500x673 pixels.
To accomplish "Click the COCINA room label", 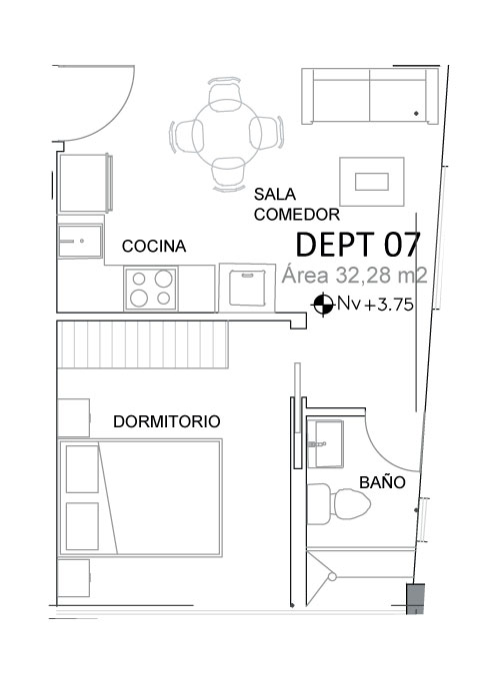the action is click(154, 247).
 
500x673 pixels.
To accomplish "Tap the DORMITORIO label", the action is click(167, 421).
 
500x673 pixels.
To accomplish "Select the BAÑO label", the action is click(382, 482).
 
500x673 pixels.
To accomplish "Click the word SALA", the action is click(275, 195).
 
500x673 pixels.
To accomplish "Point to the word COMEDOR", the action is click(297, 214).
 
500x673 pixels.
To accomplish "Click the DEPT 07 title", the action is click(358, 245).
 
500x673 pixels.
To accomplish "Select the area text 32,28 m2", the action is click(381, 276).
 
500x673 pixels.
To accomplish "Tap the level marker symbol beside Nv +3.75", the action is click(323, 305).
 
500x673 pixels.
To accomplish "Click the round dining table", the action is click(227, 134).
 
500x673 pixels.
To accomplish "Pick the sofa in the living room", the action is click(370, 96).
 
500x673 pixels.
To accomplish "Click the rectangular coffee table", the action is click(372, 182).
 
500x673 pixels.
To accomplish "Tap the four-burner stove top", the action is click(150, 288).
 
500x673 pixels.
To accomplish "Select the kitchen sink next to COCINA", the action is click(80, 242).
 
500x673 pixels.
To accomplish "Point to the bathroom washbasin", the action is click(325, 443).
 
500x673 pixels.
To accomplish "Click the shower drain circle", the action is click(332, 577).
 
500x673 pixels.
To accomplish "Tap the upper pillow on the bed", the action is click(82, 468).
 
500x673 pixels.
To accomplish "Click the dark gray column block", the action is click(415, 598).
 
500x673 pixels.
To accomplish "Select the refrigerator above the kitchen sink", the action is click(85, 184).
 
